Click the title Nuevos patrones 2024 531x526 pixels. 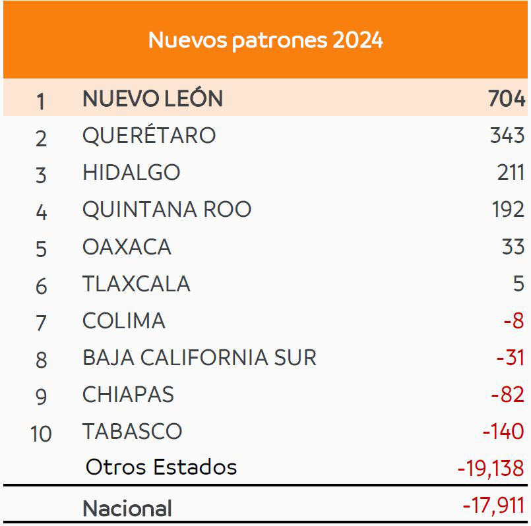tap(265, 40)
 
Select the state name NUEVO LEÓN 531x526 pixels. tap(152, 99)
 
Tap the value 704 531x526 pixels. tap(507, 99)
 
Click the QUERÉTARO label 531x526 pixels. tap(149, 136)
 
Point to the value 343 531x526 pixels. tap(507, 136)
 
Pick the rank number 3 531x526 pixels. tap(41, 175)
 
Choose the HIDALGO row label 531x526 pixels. tap(131, 173)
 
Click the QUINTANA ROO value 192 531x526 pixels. tap(508, 210)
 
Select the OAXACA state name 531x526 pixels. tap(127, 247)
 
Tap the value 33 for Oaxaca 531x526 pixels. tap(513, 247)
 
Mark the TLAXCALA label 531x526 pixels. tap(136, 283)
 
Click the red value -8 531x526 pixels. tap(513, 321)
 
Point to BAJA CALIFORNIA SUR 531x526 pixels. tap(199, 358)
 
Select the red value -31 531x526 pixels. tap(510, 358)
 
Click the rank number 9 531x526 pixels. tap(41, 396)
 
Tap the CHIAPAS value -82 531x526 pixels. tap(507, 395)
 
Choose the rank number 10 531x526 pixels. tap(41, 434)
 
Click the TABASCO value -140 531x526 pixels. tap(503, 432)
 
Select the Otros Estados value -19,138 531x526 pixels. tap(491, 468)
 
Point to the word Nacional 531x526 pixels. tap(127, 508)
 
